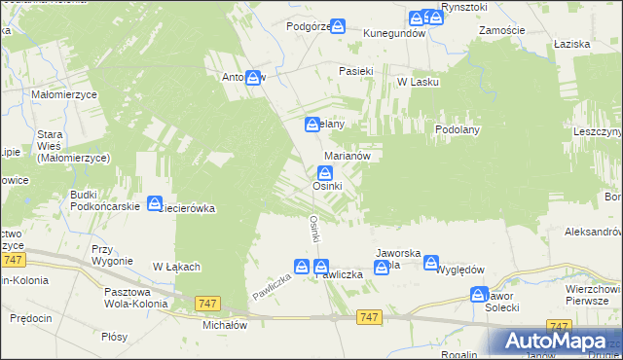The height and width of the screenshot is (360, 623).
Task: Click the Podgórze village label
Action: pos(309,27)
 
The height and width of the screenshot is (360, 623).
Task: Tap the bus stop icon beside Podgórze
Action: pos(338,26)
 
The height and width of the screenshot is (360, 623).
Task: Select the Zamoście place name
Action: pos(502,30)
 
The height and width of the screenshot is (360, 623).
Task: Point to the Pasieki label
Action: pos(355,71)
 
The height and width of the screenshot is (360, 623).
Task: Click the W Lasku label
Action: pos(418,82)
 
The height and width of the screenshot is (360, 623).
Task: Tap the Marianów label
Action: pos(347,155)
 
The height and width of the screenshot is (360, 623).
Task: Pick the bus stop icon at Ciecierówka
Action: pos(155,203)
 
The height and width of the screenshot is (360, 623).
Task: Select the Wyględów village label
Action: pos(460,270)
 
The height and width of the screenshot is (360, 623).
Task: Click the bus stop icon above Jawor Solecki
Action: pos(478,294)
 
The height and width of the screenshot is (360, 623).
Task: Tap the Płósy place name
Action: pos(114,337)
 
